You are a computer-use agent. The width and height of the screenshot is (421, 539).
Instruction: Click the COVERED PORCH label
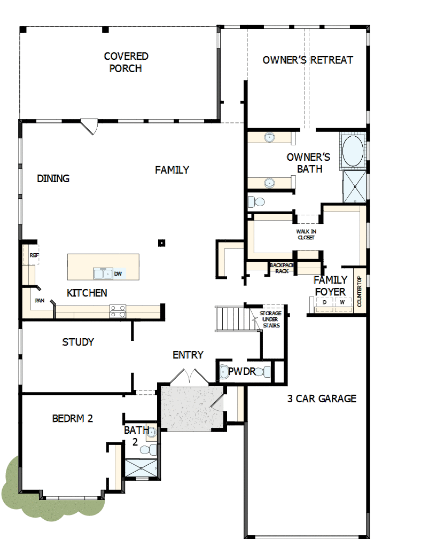(126, 62)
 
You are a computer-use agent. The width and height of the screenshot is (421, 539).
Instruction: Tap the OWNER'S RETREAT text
(308, 60)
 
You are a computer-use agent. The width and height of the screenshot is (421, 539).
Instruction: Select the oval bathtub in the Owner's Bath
(353, 151)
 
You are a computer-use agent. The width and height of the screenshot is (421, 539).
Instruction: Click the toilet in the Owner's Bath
(256, 202)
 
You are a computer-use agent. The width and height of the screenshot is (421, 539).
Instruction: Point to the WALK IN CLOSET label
(306, 234)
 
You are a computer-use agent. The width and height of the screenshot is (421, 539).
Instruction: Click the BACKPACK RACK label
(282, 268)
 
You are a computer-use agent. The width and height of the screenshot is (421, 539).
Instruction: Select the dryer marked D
(324, 303)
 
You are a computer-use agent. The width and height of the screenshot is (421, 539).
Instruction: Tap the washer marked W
(342, 303)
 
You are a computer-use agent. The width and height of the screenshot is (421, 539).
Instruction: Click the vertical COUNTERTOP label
(360, 292)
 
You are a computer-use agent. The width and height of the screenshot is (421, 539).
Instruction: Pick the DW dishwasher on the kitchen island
(118, 274)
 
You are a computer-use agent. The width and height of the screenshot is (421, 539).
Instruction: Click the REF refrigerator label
(34, 255)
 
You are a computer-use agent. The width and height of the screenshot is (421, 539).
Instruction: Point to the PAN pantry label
(40, 301)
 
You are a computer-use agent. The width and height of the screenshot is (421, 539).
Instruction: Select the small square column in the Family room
(161, 243)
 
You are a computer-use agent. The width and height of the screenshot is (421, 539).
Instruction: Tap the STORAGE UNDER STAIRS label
(270, 319)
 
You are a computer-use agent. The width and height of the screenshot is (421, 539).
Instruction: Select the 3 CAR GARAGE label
(321, 399)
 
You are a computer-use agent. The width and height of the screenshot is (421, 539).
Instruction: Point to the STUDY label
(78, 342)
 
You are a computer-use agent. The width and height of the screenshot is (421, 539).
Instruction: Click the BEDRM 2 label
(73, 418)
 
